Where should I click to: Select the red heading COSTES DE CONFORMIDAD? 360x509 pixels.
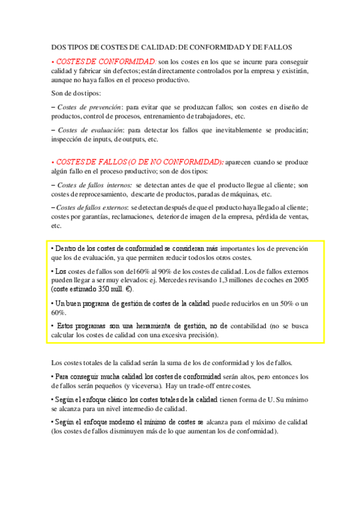coord(106,61)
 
